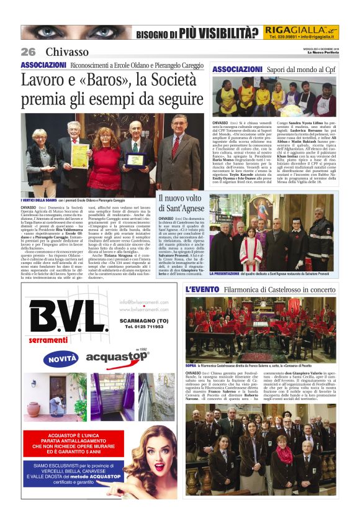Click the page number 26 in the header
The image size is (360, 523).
28,52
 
